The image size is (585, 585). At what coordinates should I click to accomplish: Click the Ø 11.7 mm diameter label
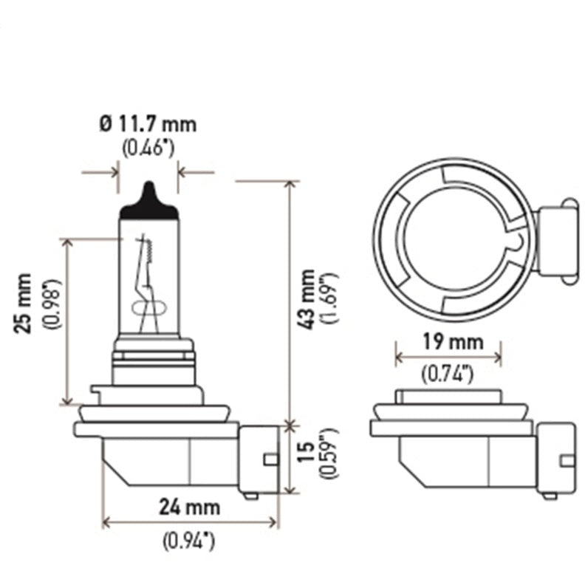click(148, 123)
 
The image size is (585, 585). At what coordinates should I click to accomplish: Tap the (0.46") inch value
click(148, 147)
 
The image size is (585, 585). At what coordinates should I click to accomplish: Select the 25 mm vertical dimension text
click(24, 303)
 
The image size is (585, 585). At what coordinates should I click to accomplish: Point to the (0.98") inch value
click(49, 304)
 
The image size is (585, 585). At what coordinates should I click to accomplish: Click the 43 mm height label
click(307, 298)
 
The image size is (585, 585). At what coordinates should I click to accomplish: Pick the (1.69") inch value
click(330, 298)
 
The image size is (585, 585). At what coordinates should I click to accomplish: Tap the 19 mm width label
click(448, 342)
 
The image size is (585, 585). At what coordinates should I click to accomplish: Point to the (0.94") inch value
click(189, 541)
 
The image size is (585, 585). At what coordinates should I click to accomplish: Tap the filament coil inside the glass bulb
click(146, 251)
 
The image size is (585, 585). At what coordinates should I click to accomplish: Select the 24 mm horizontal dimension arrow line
click(191, 522)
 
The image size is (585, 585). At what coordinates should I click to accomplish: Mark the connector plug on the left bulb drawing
click(259, 459)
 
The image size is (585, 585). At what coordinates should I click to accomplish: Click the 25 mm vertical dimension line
click(68, 321)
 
